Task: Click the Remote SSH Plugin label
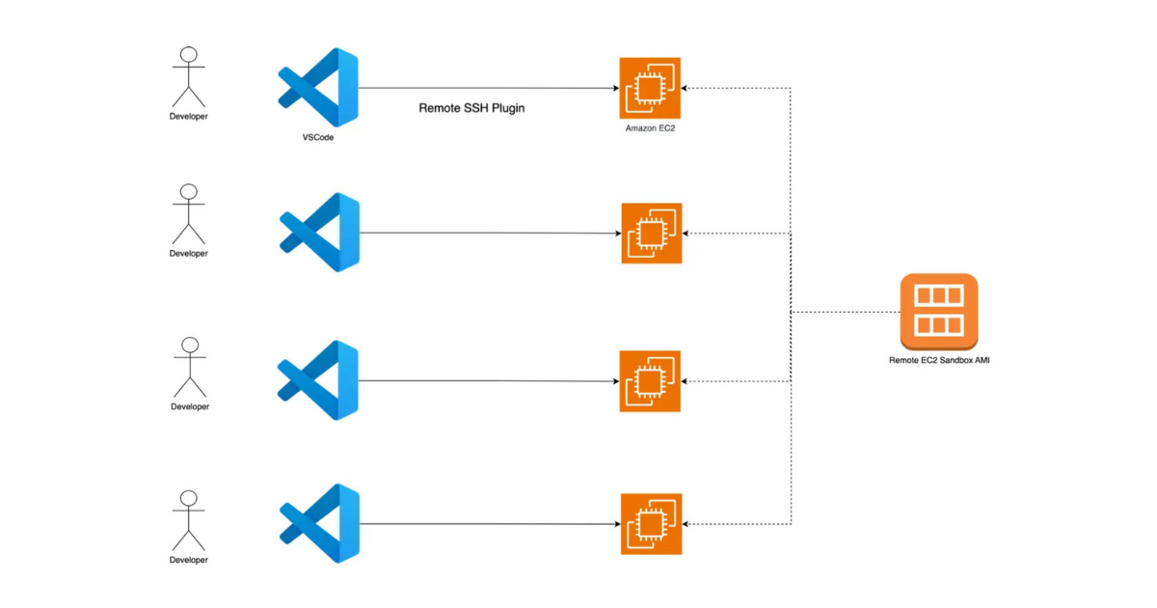[x=471, y=108]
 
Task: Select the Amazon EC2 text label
[x=650, y=128]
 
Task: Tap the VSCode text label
[x=318, y=138]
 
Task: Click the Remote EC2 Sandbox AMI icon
[x=938, y=312]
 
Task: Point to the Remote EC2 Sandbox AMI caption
[x=938, y=359]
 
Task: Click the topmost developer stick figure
[x=189, y=76]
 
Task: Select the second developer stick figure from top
[x=189, y=213]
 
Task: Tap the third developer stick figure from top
[x=190, y=367]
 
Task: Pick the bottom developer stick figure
[x=189, y=520]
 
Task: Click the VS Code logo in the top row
[x=319, y=88]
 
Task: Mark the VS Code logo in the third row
[x=319, y=380]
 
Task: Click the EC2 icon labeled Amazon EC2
[x=650, y=88]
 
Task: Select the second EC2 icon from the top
[x=651, y=234]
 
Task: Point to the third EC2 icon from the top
[x=650, y=381]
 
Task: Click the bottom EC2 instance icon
[x=651, y=524]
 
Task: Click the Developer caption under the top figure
[x=189, y=117]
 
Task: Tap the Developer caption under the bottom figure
[x=189, y=560]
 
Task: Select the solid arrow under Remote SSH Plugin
[x=487, y=88]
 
